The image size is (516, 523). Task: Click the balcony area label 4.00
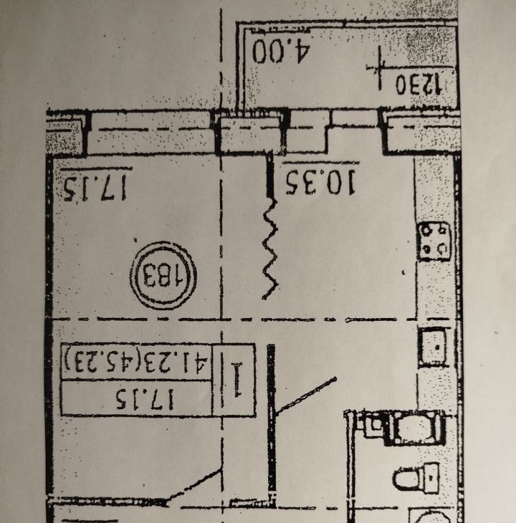click(281, 51)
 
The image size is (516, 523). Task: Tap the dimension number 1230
click(419, 85)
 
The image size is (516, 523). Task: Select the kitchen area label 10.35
click(320, 182)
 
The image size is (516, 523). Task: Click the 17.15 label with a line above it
click(95, 188)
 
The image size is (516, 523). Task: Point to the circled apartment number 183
click(163, 276)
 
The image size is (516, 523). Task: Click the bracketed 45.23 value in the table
click(100, 361)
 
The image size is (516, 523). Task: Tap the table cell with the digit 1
click(234, 380)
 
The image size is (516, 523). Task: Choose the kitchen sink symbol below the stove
click(434, 347)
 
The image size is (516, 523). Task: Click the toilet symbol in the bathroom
click(416, 477)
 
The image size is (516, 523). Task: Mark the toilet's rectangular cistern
click(433, 478)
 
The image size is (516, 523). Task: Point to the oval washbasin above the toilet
click(418, 428)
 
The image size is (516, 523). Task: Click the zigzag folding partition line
click(270, 249)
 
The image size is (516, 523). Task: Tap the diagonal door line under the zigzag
click(305, 396)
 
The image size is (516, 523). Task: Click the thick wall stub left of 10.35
click(270, 174)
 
